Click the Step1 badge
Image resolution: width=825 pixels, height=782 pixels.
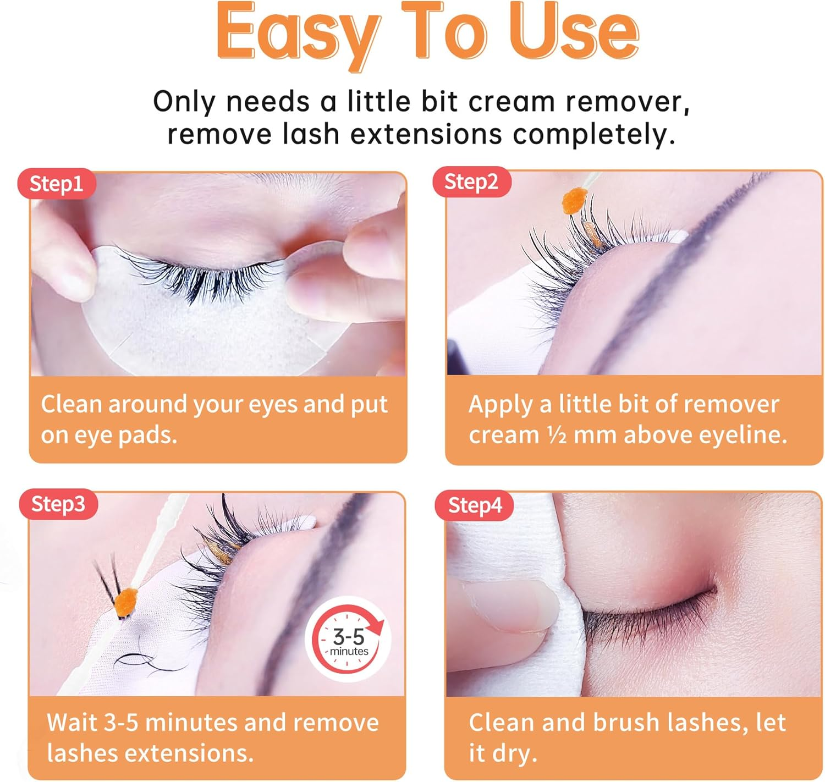[x=56, y=184]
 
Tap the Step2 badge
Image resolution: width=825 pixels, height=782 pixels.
[x=471, y=181]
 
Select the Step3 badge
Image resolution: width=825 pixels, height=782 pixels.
[x=58, y=504]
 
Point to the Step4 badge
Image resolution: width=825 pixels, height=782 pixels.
[x=475, y=505]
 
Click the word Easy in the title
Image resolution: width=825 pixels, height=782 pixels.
[x=294, y=34]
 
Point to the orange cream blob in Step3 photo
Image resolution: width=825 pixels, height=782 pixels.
[x=125, y=601]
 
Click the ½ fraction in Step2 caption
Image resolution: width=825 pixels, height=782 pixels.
[x=557, y=436]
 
